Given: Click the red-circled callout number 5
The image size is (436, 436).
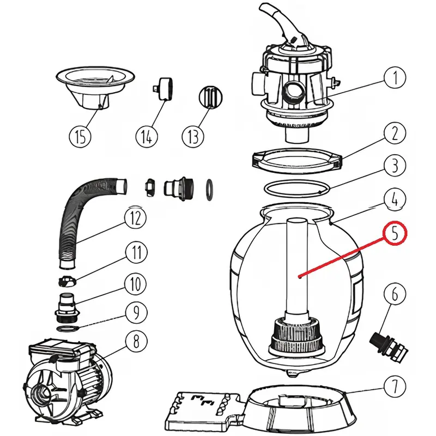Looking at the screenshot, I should pyautogui.click(x=395, y=234).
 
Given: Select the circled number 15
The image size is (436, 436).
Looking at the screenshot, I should pyautogui.click(x=80, y=136).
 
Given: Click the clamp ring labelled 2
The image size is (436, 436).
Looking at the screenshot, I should pyautogui.click(x=296, y=160).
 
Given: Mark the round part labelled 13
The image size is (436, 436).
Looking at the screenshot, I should pyautogui.click(x=210, y=98).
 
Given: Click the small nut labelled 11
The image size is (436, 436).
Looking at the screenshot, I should pyautogui.click(x=68, y=281).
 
